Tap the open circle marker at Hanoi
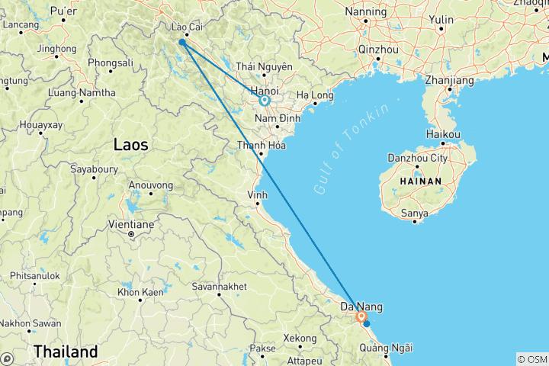point(265,100)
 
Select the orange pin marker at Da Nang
point(361,316)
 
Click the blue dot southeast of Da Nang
point(367,324)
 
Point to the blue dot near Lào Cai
point(181,42)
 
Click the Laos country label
point(130,143)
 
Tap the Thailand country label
point(66,352)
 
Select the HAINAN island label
point(419,181)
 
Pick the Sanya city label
point(415,204)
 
